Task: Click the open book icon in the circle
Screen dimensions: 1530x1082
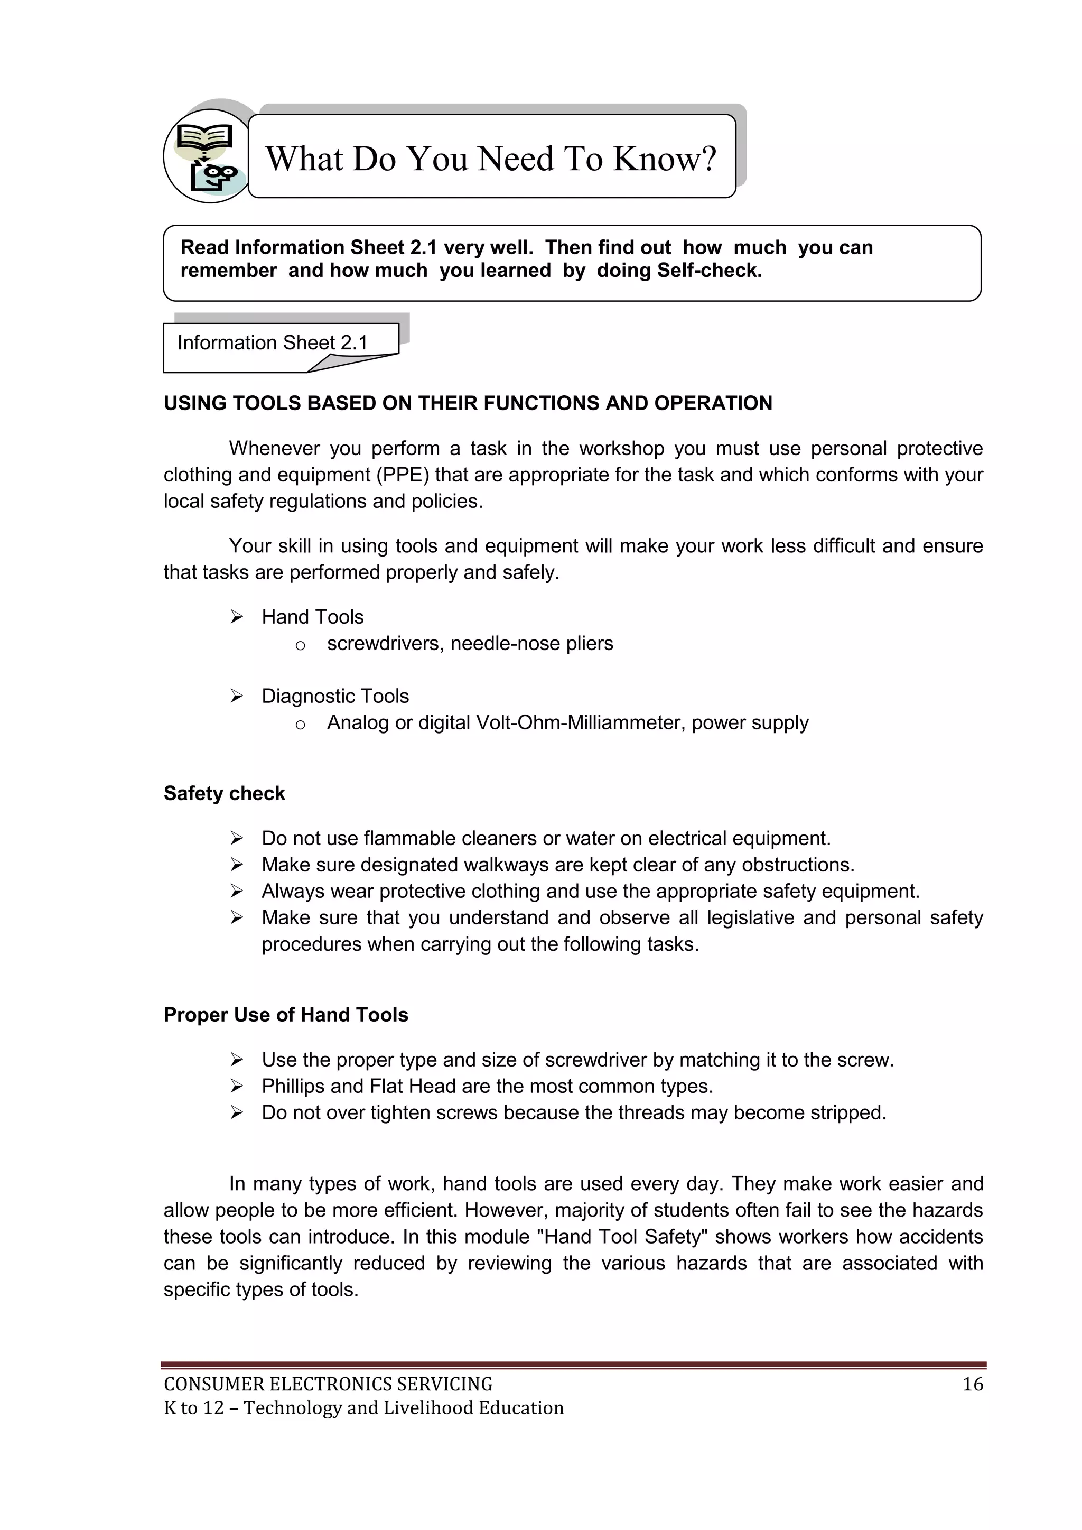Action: tap(204, 138)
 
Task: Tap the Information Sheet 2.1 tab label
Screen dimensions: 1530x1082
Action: tap(273, 342)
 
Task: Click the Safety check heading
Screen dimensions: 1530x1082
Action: tap(224, 794)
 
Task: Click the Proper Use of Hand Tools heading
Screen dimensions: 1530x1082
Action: tap(286, 1015)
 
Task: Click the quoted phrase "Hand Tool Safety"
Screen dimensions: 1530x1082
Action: tap(623, 1237)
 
